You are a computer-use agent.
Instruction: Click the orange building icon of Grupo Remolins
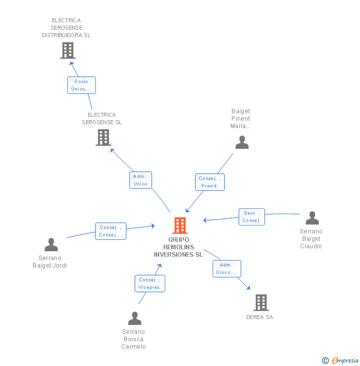[180, 226]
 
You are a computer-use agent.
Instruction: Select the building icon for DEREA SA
[261, 302]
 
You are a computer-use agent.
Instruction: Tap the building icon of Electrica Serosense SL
[103, 137]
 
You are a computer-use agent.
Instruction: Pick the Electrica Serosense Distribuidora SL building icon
[68, 50]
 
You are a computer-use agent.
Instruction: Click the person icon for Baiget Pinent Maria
[242, 142]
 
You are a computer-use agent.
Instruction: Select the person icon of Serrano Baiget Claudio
[312, 218]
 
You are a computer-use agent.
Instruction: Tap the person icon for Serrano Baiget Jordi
[51, 245]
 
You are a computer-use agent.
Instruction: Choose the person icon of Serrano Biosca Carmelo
[135, 319]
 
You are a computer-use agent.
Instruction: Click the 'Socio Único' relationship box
[82, 85]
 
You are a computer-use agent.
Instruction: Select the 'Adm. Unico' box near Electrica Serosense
[140, 180]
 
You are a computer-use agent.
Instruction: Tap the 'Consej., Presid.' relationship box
[210, 182]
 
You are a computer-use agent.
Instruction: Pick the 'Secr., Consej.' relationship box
[252, 217]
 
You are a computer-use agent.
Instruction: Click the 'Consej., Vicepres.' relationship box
[150, 283]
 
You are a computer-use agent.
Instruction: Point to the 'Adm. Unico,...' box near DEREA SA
[227, 269]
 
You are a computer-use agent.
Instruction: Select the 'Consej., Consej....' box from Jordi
[111, 231]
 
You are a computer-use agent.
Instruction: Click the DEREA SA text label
[260, 317]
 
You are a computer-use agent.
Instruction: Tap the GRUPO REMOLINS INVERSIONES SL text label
[178, 247]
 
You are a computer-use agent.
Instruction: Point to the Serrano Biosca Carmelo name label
[134, 339]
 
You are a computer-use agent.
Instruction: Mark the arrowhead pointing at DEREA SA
[248, 287]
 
